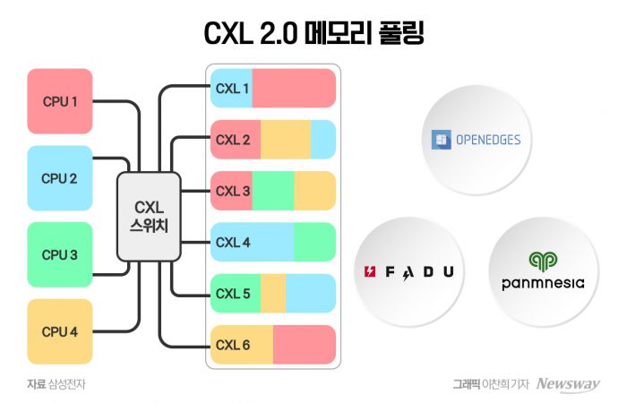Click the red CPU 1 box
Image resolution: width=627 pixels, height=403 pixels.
60,101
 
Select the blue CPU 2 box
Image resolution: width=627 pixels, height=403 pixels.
60,177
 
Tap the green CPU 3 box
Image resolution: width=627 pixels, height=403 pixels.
60,254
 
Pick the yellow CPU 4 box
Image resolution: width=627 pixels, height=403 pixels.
60,331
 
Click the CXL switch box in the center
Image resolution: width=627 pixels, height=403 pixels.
149,216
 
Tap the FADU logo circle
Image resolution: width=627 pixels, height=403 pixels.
408,271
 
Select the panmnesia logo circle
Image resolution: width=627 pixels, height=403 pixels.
543,271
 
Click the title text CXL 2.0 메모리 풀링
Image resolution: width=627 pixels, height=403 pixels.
313,33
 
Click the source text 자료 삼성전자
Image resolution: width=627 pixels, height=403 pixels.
61,384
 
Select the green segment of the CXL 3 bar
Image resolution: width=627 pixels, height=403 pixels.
273,191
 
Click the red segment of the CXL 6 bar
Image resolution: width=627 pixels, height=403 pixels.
304,344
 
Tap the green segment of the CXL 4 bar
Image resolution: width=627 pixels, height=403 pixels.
314,242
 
